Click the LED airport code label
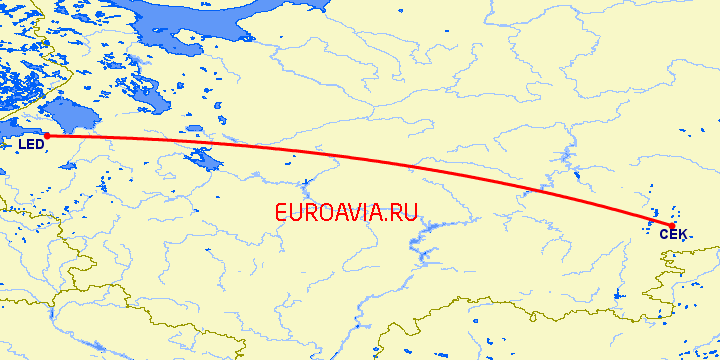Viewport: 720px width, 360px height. (31, 147)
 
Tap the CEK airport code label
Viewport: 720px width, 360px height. (673, 234)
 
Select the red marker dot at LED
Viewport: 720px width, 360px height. (46, 136)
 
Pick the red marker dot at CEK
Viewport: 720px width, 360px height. (671, 224)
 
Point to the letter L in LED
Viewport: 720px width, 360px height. (22, 147)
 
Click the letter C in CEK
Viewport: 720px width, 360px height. (664, 234)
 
